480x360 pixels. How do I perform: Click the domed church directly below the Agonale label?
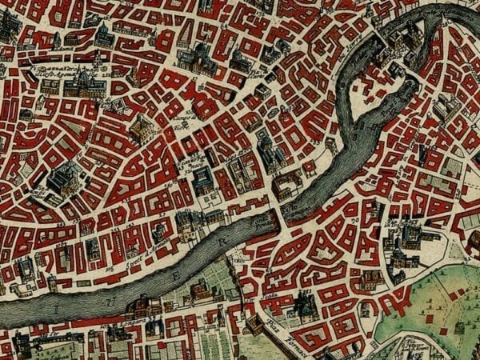pos(83,84)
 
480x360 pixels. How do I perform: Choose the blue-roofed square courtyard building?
pos(203,181)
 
